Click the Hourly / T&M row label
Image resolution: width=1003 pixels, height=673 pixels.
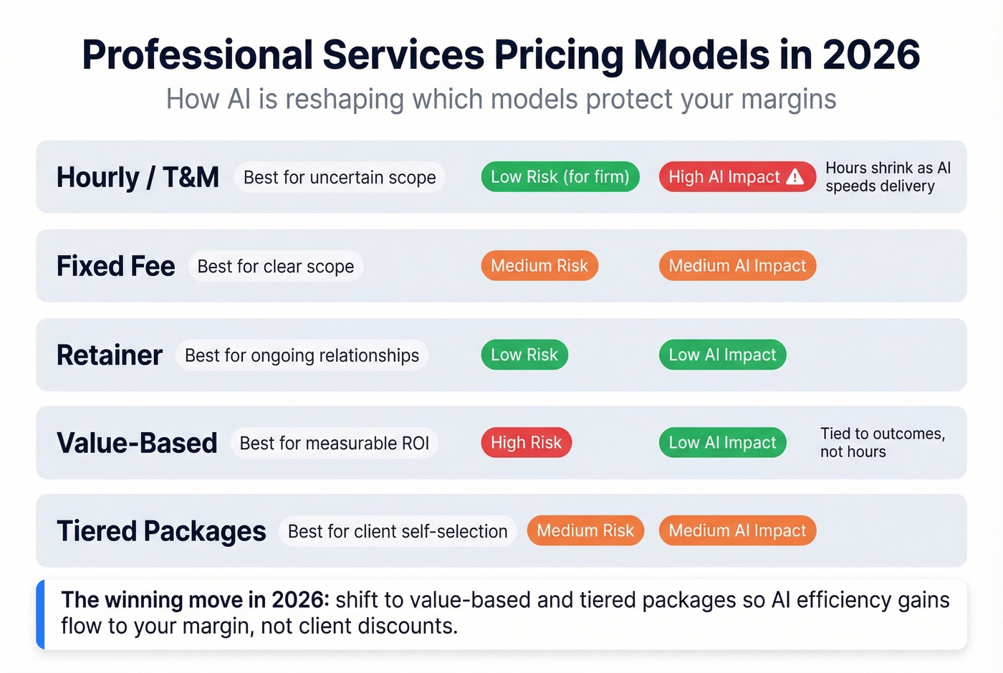click(x=138, y=177)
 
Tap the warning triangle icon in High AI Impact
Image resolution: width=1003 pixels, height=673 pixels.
click(x=795, y=177)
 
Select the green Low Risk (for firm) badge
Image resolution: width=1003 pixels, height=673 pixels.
click(x=560, y=177)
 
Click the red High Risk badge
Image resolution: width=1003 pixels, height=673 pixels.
click(x=526, y=443)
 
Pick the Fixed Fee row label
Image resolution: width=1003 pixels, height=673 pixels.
click(x=115, y=266)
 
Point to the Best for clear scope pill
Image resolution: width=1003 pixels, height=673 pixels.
click(x=275, y=267)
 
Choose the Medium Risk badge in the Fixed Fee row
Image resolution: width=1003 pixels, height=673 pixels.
click(x=539, y=266)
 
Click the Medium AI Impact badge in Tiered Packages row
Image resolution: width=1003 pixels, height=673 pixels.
click(x=736, y=531)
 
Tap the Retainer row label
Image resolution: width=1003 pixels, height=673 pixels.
click(x=110, y=355)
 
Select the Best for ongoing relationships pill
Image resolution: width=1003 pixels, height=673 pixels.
click(x=302, y=355)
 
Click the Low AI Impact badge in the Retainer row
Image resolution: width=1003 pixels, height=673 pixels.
click(x=722, y=355)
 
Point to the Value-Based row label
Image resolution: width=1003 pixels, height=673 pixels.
click(x=137, y=443)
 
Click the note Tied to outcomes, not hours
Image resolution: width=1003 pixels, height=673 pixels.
click(x=882, y=443)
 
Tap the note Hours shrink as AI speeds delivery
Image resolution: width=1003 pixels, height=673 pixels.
click(x=887, y=177)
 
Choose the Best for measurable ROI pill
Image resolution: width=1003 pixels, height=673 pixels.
click(x=334, y=444)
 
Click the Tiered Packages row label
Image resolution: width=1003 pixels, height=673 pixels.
click(x=161, y=531)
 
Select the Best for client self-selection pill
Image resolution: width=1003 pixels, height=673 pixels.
click(x=397, y=532)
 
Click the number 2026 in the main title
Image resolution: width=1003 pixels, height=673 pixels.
click(x=871, y=54)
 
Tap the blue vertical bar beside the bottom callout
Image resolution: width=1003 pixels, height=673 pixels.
click(x=41, y=614)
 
